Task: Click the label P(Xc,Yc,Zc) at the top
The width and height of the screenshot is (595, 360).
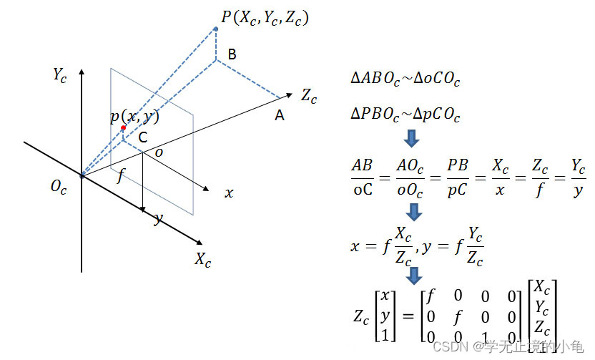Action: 265,17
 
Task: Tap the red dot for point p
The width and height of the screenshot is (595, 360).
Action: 123,128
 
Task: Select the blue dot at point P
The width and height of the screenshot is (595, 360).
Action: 216,29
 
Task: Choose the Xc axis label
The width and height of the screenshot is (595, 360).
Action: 202,260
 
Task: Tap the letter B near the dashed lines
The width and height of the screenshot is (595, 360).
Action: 232,54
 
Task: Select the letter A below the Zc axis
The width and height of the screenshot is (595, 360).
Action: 280,115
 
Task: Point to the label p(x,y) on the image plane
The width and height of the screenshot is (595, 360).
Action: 134,117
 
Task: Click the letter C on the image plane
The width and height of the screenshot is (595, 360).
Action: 143,137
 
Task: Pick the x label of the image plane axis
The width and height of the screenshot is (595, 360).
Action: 229,193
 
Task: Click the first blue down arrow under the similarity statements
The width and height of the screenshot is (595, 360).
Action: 412,137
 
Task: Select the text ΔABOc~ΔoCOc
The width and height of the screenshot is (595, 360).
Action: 405,79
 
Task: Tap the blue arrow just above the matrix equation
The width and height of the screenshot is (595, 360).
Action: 413,276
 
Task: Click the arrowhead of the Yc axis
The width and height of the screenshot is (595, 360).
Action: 82,72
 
